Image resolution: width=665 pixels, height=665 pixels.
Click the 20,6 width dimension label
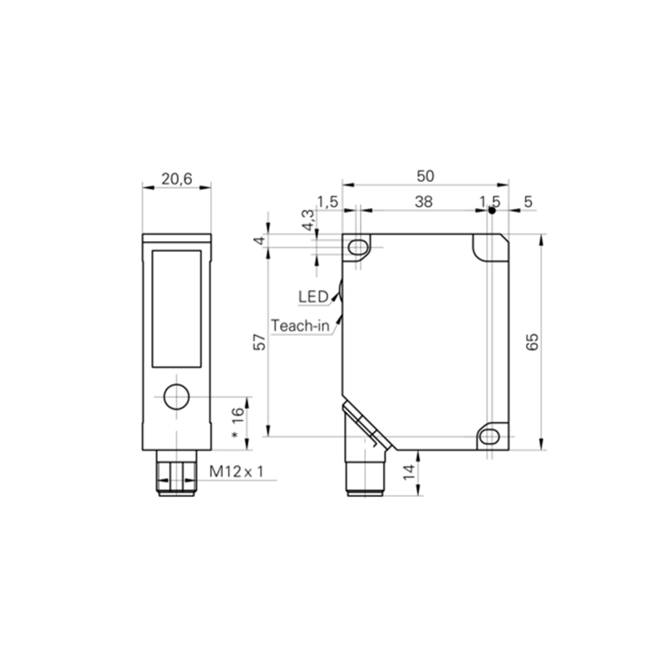click(x=177, y=179)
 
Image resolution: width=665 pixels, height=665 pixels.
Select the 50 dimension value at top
click(x=426, y=176)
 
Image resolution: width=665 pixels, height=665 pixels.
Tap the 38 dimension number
click(x=424, y=202)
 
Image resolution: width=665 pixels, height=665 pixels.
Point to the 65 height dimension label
click(x=532, y=342)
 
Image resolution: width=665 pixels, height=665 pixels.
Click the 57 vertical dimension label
click(x=259, y=342)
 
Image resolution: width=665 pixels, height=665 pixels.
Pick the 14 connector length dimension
click(x=409, y=472)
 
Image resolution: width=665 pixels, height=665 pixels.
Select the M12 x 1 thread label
click(x=236, y=471)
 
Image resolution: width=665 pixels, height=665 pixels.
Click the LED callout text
click(x=313, y=297)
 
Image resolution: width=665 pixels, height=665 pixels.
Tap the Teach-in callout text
click(x=300, y=326)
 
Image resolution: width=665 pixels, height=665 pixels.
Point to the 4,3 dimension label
click(x=308, y=220)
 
